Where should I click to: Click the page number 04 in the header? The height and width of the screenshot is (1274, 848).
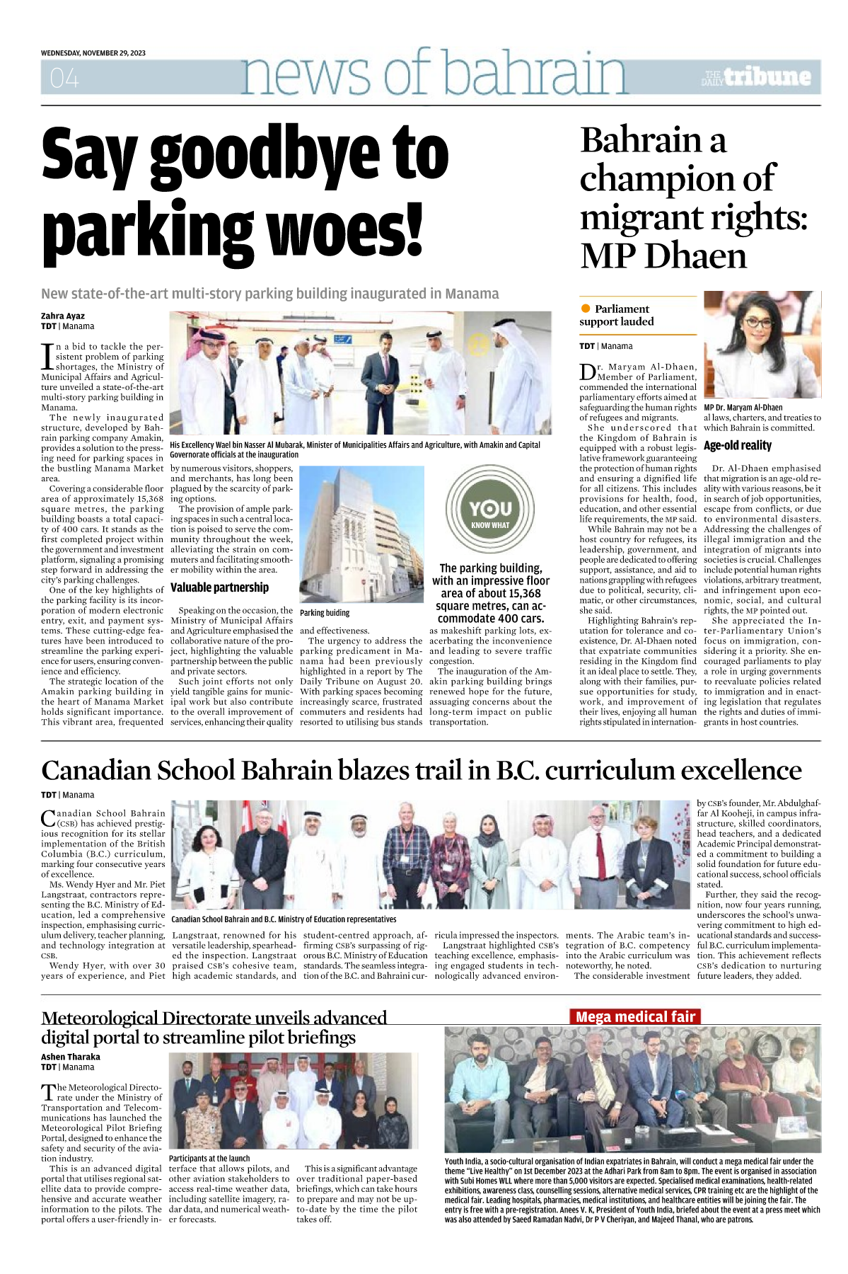click(x=64, y=78)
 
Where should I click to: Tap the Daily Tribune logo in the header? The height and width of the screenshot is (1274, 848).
click(x=756, y=77)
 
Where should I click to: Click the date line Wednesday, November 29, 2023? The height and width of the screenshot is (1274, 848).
click(x=93, y=53)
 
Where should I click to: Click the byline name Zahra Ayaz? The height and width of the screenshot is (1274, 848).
click(x=63, y=316)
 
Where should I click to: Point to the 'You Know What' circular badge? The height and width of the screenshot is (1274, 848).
click(x=490, y=509)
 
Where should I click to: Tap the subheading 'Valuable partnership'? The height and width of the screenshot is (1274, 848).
click(x=219, y=587)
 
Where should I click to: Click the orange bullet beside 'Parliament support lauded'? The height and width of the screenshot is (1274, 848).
click(x=586, y=309)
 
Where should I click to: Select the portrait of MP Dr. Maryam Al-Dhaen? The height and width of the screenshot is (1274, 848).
click(x=762, y=345)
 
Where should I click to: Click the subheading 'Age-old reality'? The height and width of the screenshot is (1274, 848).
click(x=738, y=446)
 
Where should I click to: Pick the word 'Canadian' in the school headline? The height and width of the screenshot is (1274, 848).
click(x=95, y=771)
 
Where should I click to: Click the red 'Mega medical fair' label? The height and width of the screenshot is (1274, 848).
click(x=635, y=1017)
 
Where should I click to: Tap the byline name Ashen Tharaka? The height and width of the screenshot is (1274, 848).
click(x=71, y=1057)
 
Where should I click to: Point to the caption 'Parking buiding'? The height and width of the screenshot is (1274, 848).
click(x=325, y=613)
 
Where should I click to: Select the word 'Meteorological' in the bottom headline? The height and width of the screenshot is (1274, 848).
click(x=99, y=1018)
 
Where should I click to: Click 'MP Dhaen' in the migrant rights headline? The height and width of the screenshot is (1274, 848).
click(x=663, y=256)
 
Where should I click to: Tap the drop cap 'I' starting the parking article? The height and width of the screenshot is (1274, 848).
click(x=47, y=356)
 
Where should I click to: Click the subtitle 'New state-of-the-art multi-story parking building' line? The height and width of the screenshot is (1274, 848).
click(x=269, y=294)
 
